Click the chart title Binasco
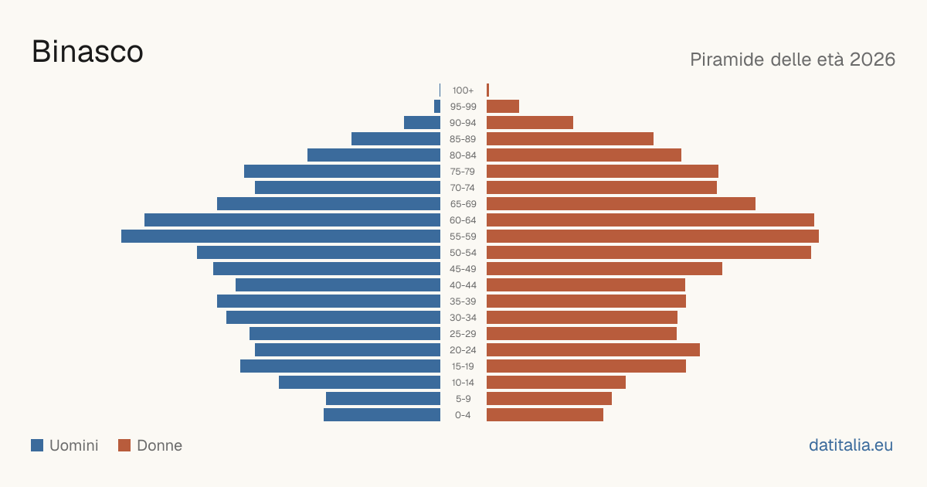[87, 52]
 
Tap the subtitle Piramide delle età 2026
[793, 60]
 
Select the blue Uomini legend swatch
[37, 445]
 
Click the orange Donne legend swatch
[124, 445]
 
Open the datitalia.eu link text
[851, 445]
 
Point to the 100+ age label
[463, 90]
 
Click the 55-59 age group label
[463, 237]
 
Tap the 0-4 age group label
[463, 415]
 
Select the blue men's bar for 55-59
[280, 237]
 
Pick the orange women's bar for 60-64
[650, 220]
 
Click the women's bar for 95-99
[503, 107]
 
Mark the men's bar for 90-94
[422, 123]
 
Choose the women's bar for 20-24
[593, 350]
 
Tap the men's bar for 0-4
[382, 415]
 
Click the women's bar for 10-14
[556, 382]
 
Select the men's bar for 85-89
[396, 138]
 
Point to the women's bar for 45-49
[604, 269]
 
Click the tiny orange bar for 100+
[488, 90]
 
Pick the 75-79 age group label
[463, 172]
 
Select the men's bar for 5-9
[383, 399]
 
